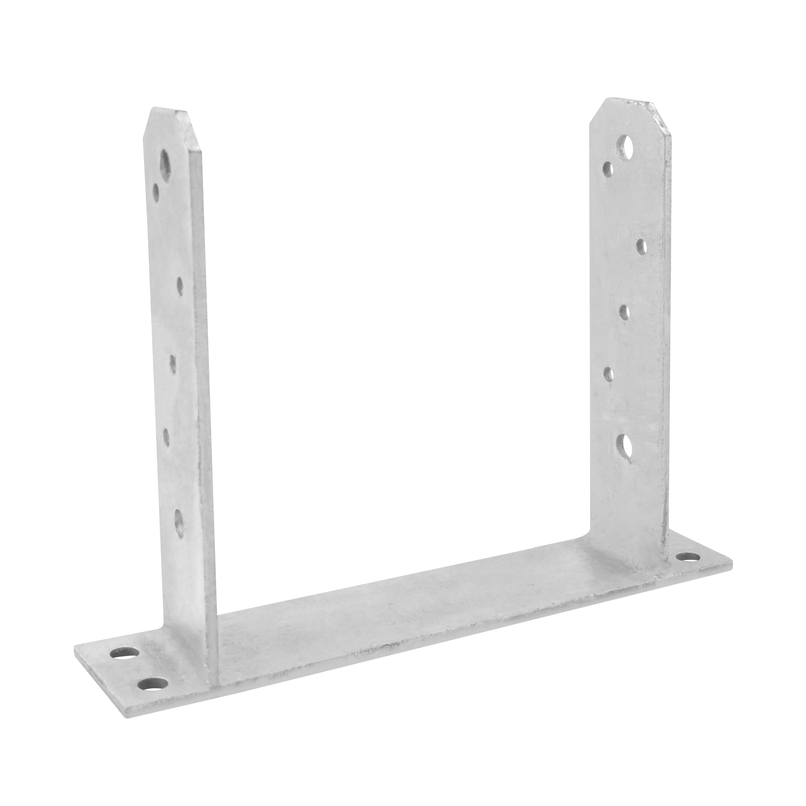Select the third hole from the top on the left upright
pos(180,286)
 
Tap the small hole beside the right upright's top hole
pos(608,169)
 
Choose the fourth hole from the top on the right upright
pos(624,312)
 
